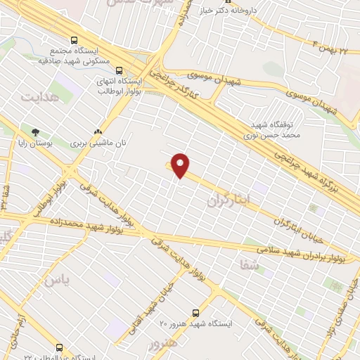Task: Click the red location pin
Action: (181, 165)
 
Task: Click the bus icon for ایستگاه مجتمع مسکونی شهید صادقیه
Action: (75, 40)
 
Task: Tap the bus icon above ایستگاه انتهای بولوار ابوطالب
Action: (118, 70)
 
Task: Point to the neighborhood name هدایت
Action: (37, 96)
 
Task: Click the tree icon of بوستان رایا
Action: (35, 131)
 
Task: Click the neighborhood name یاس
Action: (58, 280)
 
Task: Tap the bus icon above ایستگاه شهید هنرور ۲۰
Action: (196, 312)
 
